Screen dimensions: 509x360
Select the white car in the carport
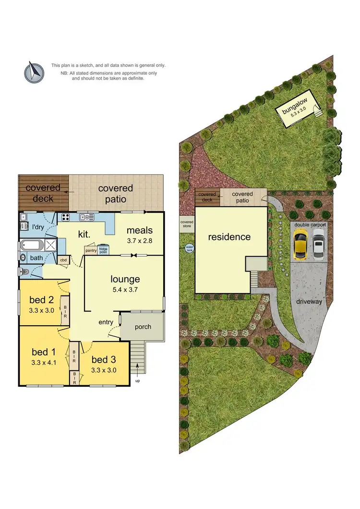click(318, 243)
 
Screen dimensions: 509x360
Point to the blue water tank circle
click(189, 249)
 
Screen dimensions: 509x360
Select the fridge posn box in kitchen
click(103, 250)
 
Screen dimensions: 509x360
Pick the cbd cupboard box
click(63, 260)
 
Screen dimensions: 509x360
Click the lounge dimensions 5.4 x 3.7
click(125, 289)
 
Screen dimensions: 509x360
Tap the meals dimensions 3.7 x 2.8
click(140, 241)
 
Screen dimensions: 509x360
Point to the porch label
click(143, 327)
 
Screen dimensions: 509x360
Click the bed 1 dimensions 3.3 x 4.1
click(43, 362)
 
